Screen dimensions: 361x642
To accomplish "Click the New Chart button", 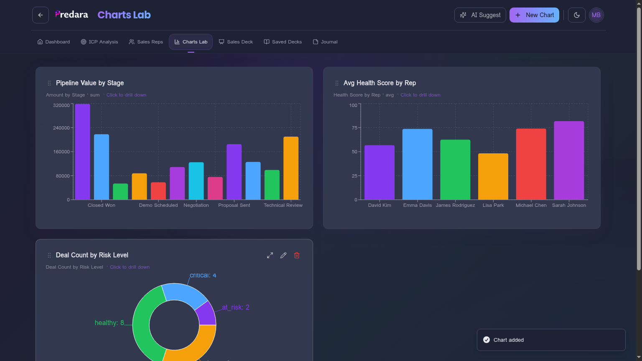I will [x=534, y=15].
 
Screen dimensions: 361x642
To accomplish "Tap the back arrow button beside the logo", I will [x=41, y=15].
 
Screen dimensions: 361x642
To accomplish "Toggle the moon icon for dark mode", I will [x=577, y=15].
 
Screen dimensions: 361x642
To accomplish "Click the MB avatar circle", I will [x=596, y=15].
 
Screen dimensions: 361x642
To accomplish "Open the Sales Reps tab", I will [x=146, y=42].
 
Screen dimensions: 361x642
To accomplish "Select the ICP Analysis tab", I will [x=99, y=42].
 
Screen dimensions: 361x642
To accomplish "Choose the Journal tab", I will [x=325, y=42].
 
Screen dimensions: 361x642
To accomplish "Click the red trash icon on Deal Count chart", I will [x=297, y=255].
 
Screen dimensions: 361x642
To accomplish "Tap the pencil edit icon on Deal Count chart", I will [x=283, y=255].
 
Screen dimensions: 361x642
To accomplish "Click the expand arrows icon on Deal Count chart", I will [x=270, y=255].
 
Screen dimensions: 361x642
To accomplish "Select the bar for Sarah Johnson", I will [x=569, y=160].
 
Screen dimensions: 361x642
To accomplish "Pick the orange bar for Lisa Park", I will [x=493, y=176].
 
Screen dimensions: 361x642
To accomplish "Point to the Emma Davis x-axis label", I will [x=417, y=205].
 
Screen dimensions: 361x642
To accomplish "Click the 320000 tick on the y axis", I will [x=61, y=105].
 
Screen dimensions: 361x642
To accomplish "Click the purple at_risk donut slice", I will [x=206, y=314].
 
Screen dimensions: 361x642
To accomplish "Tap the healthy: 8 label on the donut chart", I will [x=109, y=323].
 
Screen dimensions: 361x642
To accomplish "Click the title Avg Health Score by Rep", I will [x=380, y=83].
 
